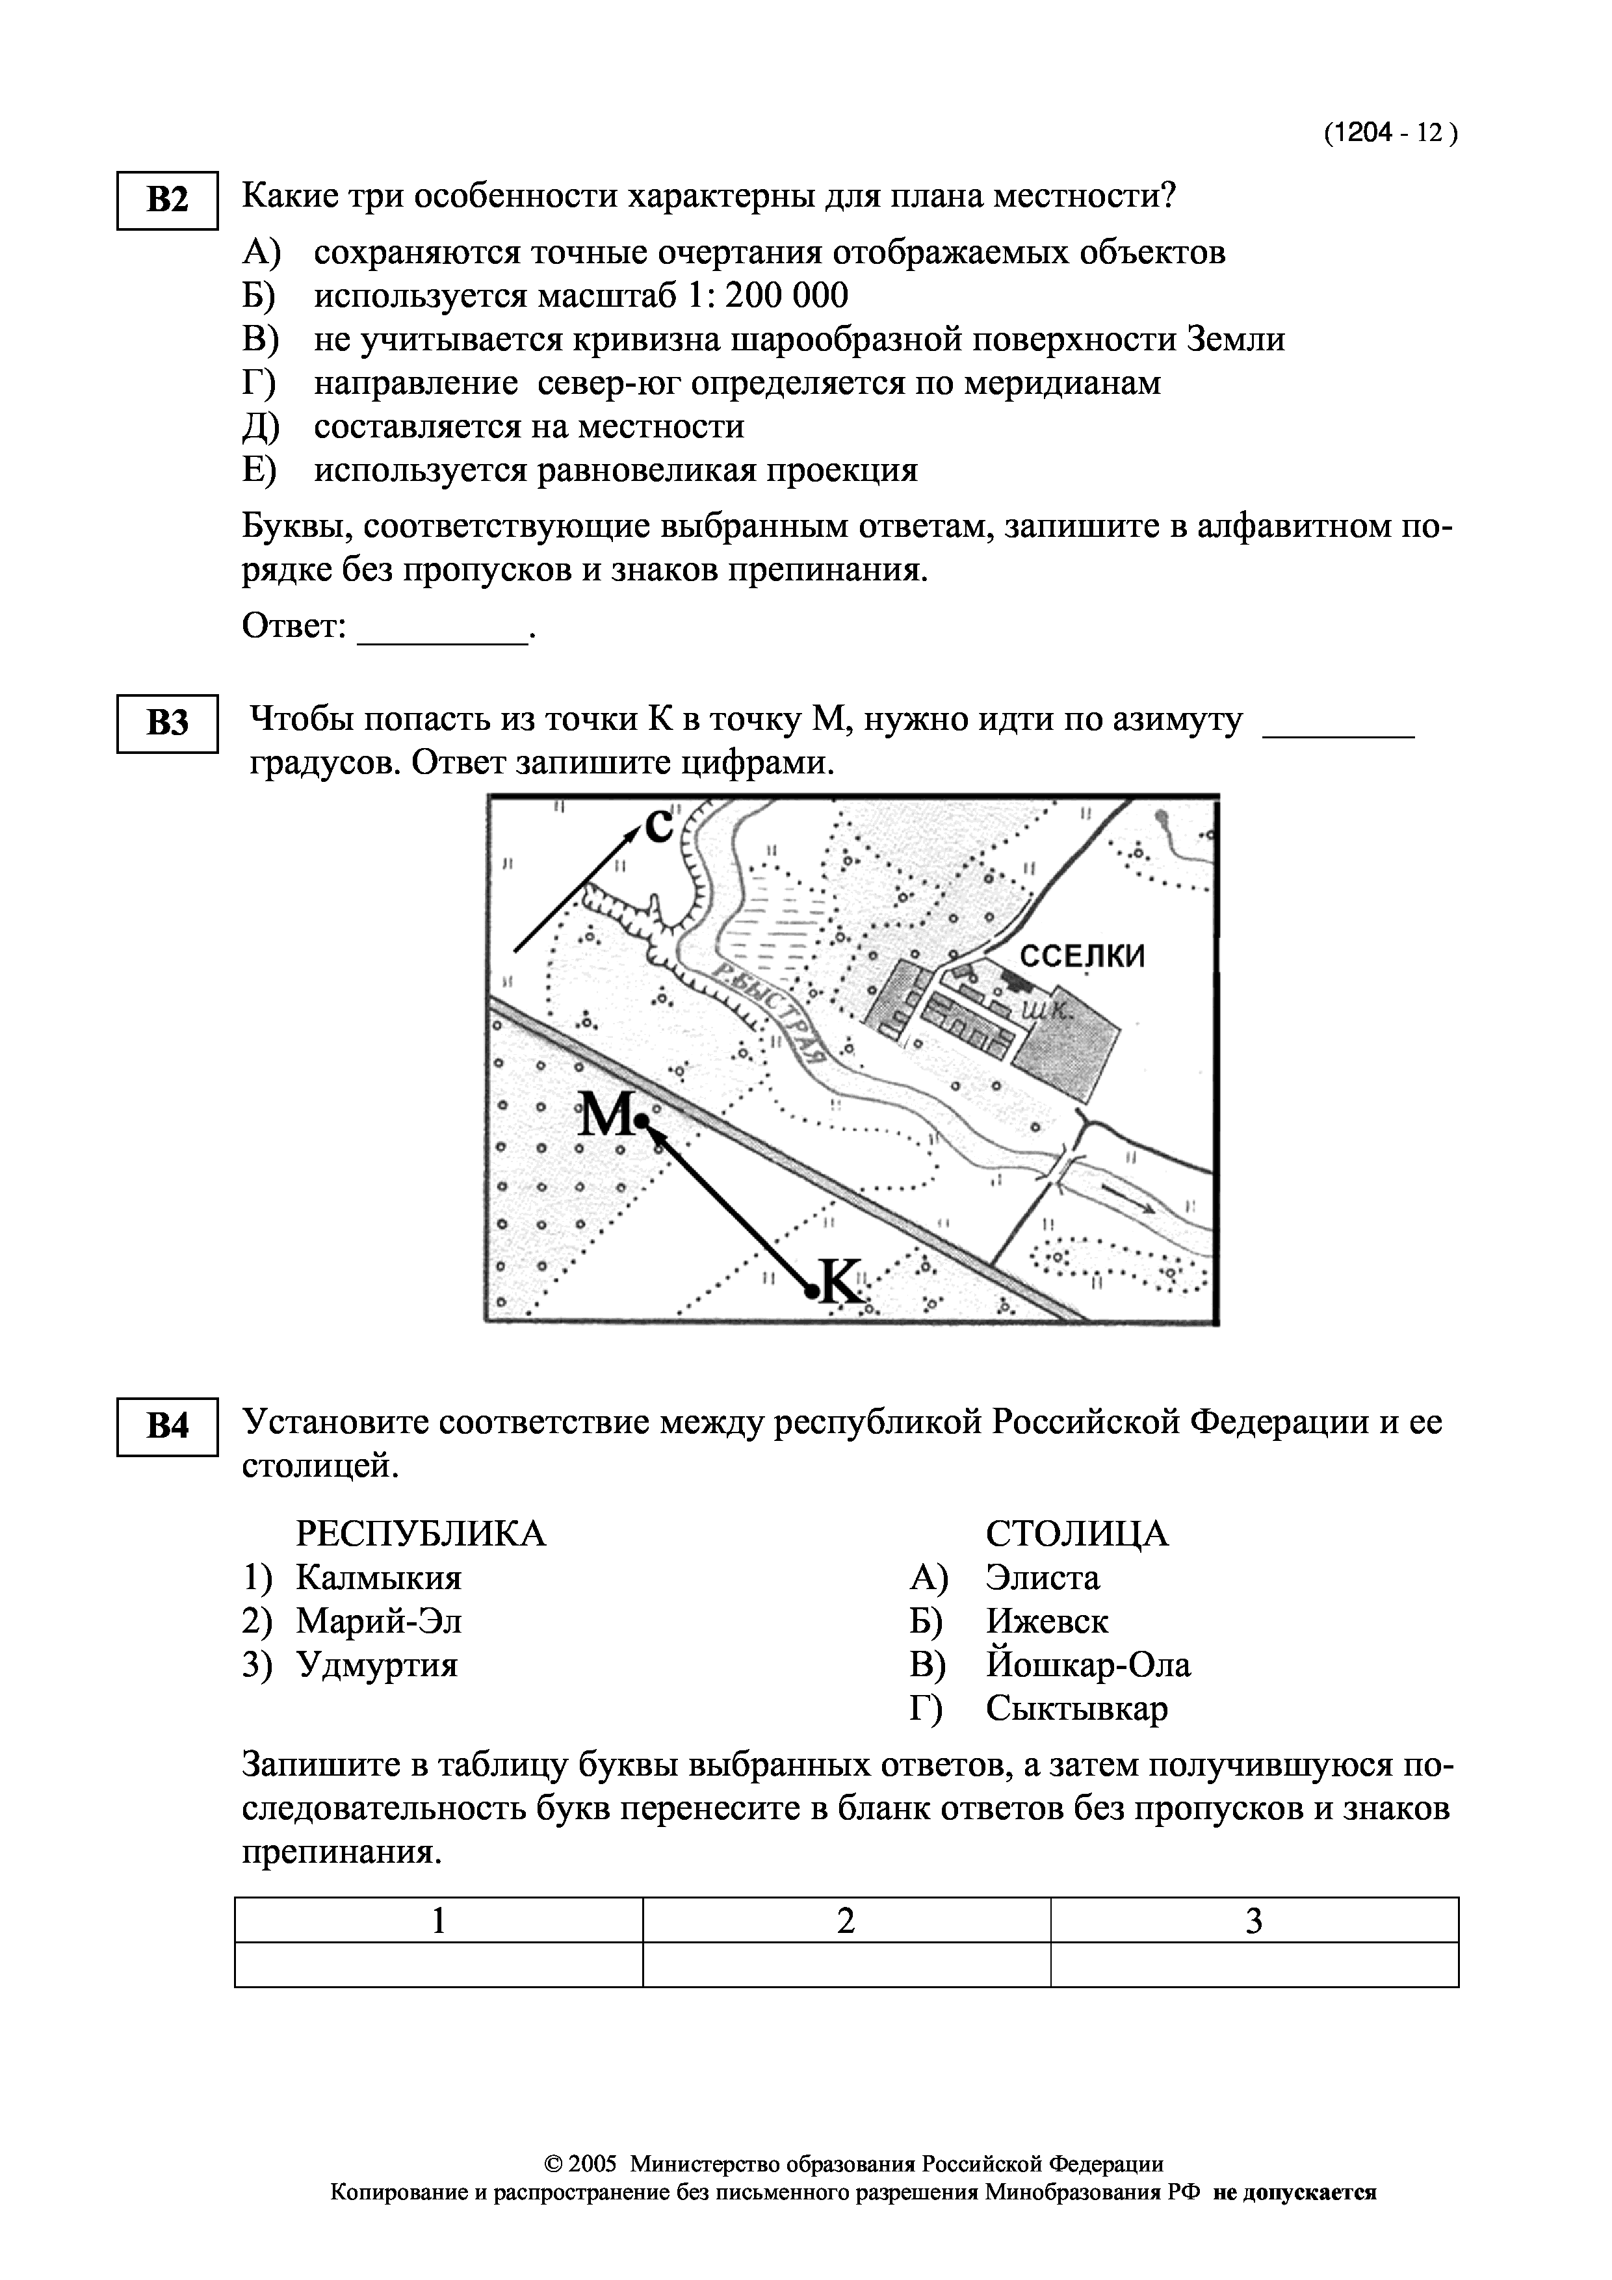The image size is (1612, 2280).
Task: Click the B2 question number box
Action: [167, 201]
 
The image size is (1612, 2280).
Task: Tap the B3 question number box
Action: [167, 724]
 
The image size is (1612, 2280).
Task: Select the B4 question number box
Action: [167, 1427]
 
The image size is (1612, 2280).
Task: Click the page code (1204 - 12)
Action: [1390, 134]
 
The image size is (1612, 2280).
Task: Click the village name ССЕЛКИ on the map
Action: [1083, 956]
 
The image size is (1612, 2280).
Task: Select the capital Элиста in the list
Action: [1042, 1578]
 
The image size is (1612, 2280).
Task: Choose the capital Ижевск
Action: [1047, 1622]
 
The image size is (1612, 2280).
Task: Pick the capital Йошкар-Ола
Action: [1087, 1665]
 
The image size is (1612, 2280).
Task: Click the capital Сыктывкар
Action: [1076, 1709]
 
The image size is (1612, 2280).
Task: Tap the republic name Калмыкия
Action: [378, 1578]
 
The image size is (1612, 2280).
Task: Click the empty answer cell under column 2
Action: [846, 1965]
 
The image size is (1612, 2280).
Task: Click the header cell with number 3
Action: [1253, 1921]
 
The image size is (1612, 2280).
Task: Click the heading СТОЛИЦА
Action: [1076, 1535]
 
